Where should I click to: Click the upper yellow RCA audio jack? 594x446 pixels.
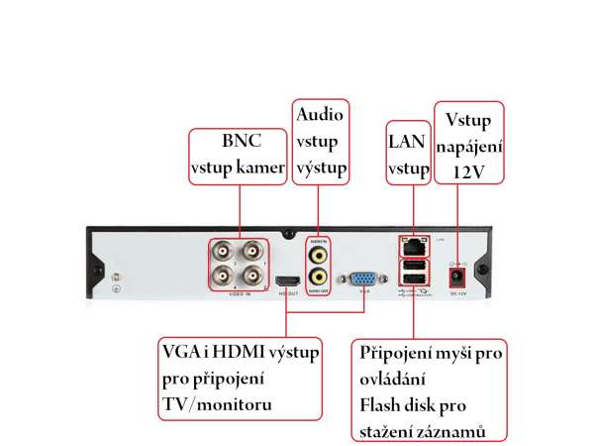click(x=318, y=254)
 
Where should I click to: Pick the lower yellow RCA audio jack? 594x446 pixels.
click(x=318, y=278)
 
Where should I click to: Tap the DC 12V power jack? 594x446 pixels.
click(x=457, y=277)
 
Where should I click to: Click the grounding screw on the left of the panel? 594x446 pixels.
click(x=116, y=277)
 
